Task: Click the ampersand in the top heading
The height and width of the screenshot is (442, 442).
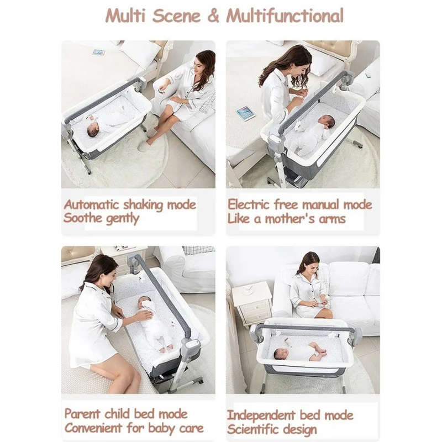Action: pyautogui.click(x=213, y=16)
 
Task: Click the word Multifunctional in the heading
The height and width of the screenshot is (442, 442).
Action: pyautogui.click(x=285, y=15)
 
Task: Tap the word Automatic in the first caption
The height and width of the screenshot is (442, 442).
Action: pyautogui.click(x=91, y=204)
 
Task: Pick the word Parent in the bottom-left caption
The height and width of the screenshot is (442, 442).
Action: pyautogui.click(x=82, y=414)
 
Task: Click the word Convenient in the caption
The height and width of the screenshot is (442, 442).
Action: pyautogui.click(x=92, y=428)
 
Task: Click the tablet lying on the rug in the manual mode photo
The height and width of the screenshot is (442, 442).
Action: pyautogui.click(x=245, y=113)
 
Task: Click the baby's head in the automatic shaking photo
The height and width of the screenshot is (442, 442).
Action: pyautogui.click(x=92, y=131)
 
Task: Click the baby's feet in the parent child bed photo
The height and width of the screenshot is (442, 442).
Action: pyautogui.click(x=166, y=349)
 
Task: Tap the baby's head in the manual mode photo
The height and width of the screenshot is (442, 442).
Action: pyautogui.click(x=327, y=121)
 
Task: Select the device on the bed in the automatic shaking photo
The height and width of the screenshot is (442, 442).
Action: pyautogui.click(x=99, y=52)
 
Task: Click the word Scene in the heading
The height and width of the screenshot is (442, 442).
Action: pyautogui.click(x=176, y=16)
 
